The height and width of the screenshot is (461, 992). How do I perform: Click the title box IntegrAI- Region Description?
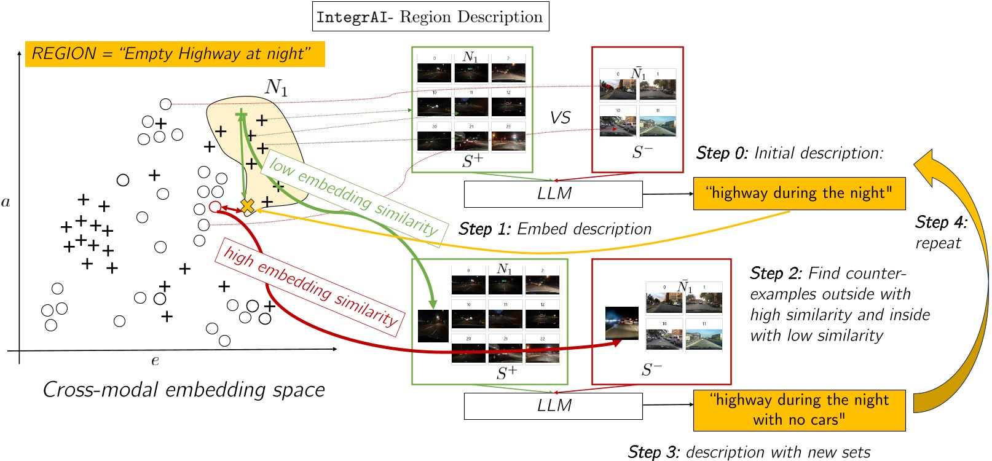(430, 17)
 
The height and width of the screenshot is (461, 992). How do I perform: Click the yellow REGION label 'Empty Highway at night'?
(175, 54)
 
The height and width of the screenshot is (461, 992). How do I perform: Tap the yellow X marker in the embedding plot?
(247, 207)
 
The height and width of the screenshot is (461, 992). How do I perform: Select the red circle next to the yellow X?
(215, 207)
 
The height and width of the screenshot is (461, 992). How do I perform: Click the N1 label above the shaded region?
(276, 88)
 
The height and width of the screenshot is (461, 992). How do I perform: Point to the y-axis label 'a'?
(6, 202)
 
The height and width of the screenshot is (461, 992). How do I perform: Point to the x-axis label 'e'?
(155, 361)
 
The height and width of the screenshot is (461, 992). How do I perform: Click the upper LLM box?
(553, 194)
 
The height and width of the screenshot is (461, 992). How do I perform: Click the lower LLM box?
(553, 406)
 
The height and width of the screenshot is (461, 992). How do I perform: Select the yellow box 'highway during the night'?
(799, 194)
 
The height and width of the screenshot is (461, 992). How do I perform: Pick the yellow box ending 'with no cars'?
(799, 410)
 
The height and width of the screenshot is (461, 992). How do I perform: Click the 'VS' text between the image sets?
(560, 118)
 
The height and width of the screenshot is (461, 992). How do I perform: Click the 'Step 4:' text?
(941, 223)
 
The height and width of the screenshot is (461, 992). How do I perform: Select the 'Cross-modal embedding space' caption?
(184, 390)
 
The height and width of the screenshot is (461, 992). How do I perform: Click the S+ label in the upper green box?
(473, 161)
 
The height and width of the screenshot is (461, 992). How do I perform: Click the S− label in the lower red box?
(651, 369)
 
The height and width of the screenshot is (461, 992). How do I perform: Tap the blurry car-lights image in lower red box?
(621, 323)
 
